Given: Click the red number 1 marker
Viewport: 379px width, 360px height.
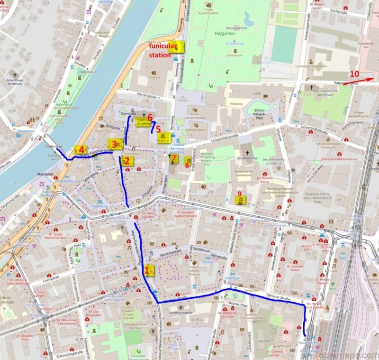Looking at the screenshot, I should pos(147,270).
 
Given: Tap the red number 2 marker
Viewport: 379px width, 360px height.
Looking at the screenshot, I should pos(126,161).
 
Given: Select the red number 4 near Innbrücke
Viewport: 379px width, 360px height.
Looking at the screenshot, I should pos(81,150).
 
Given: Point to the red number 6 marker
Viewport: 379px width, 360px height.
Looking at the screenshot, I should pos(150,117).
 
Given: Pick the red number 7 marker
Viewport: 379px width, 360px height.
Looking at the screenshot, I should pos(174,158).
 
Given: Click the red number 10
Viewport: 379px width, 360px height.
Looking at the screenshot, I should pos(355,74).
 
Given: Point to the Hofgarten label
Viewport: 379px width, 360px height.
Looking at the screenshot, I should pos(225,34).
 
